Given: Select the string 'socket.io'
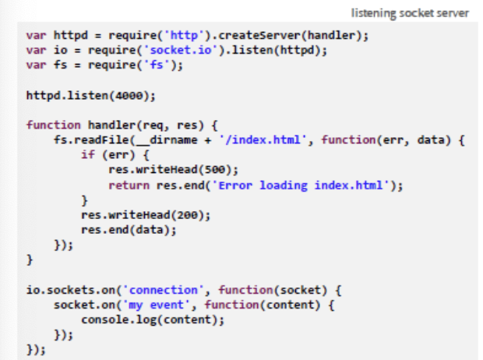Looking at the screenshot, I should pyautogui.click(x=143, y=51).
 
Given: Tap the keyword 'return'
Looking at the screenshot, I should pyautogui.click(x=127, y=184).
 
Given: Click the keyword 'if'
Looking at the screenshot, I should pyautogui.click(x=87, y=154).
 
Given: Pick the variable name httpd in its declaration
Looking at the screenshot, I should pyautogui.click(x=65, y=36).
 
